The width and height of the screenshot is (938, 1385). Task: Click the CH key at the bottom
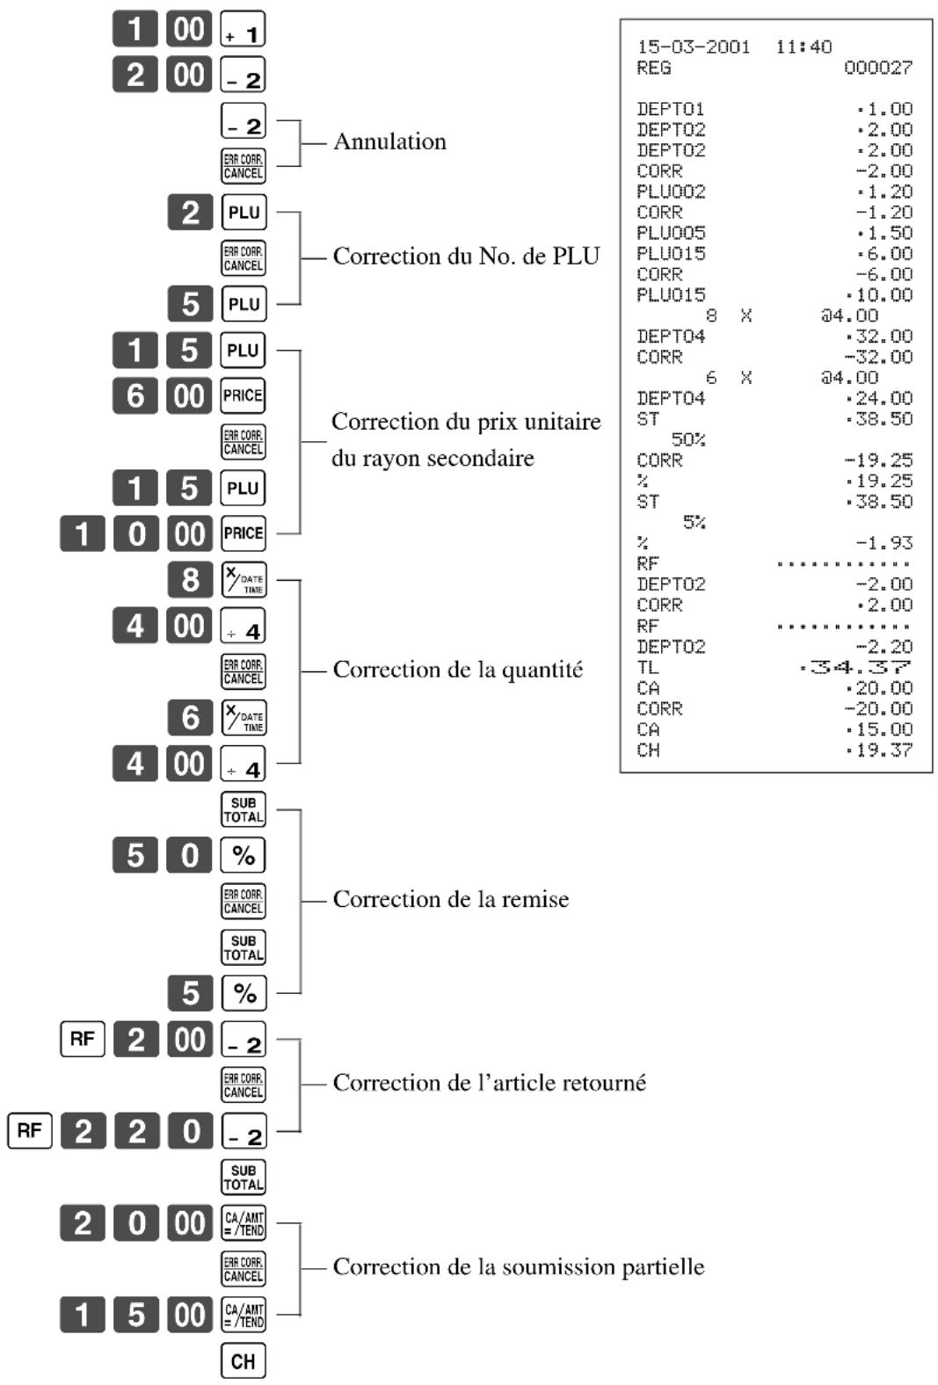(243, 1360)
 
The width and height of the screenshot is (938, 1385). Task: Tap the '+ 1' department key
(243, 29)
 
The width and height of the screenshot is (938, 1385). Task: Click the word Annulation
(389, 141)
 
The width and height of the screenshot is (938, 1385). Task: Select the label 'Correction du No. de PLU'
(466, 256)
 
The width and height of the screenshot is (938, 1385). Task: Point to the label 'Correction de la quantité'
(457, 670)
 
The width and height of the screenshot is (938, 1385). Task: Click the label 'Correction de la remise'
(451, 900)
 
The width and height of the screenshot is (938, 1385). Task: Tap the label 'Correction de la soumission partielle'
(519, 1267)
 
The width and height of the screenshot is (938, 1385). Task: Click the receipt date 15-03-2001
(693, 47)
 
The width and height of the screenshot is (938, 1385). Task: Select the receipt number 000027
(878, 68)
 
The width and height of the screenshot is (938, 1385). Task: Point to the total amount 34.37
(855, 668)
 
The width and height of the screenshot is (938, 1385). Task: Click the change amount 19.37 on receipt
(879, 751)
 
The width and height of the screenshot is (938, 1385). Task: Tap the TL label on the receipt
(648, 668)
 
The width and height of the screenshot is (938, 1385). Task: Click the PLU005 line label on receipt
(671, 233)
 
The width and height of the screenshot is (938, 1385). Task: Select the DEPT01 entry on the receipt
(671, 110)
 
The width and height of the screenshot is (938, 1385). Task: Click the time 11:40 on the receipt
(803, 47)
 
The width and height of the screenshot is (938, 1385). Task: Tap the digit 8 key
(190, 579)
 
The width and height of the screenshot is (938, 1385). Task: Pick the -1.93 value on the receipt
(884, 543)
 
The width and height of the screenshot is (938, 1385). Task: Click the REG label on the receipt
(653, 68)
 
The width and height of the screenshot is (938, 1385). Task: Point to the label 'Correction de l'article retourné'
(489, 1084)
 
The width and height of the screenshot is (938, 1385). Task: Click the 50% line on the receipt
(688, 440)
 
